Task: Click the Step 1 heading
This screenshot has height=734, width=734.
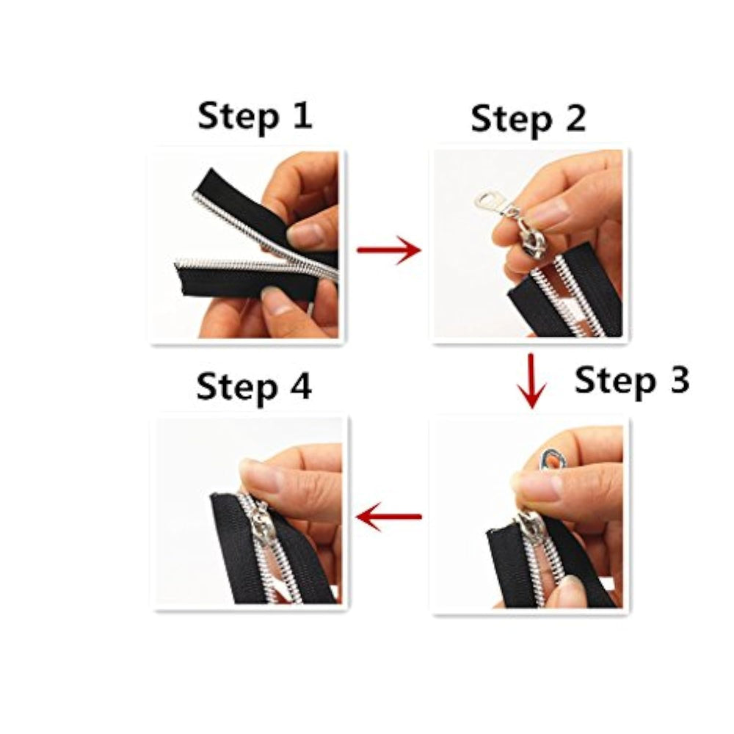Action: click(255, 117)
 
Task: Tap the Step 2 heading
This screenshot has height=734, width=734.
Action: click(528, 120)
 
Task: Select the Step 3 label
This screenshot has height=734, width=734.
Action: click(632, 382)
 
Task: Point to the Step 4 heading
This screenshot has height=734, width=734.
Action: click(254, 388)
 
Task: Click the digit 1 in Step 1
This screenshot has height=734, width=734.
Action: click(303, 115)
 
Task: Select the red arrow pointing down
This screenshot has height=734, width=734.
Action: click(531, 381)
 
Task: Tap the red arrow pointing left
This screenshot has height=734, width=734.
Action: click(389, 517)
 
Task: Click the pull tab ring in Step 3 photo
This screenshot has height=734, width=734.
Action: click(553, 461)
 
